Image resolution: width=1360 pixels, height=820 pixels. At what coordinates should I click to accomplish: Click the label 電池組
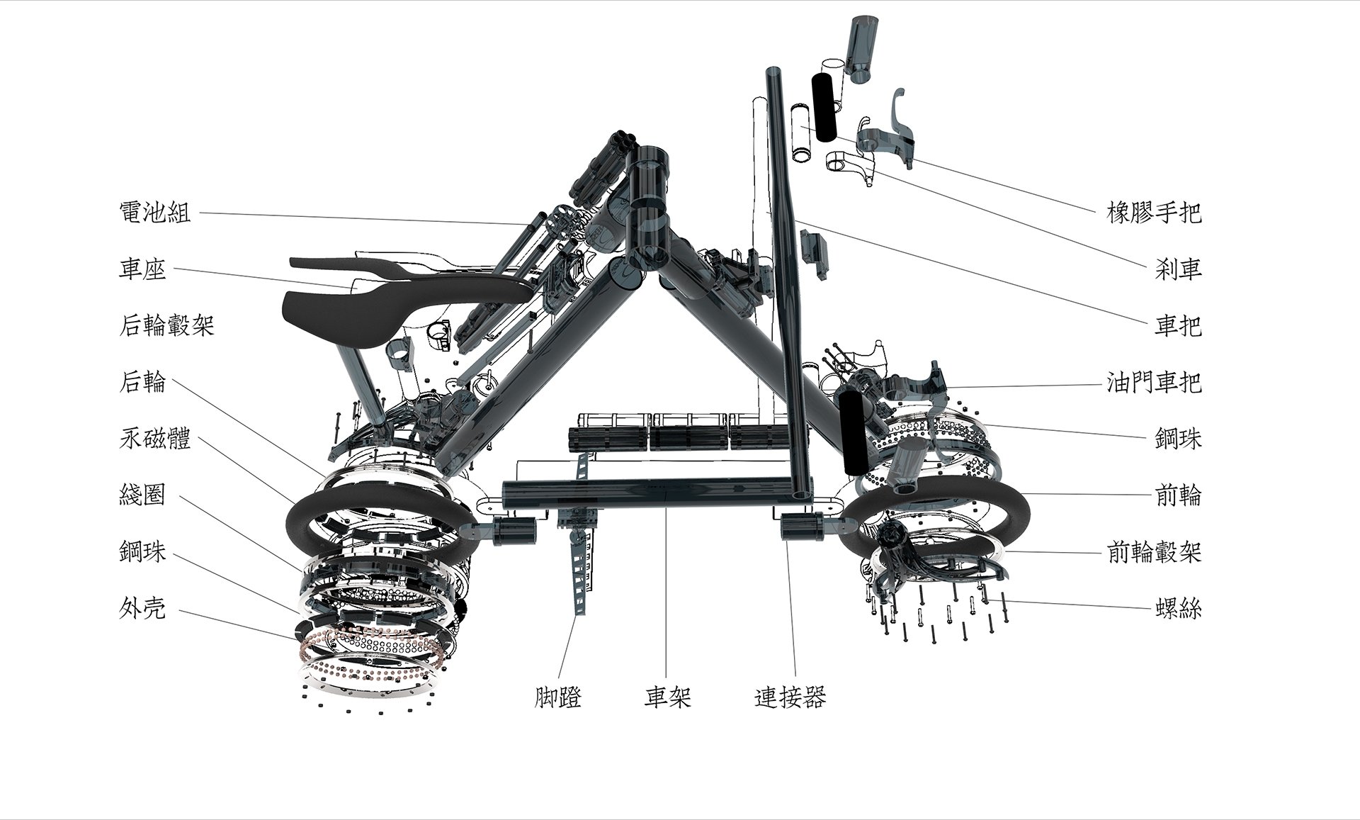click(x=155, y=212)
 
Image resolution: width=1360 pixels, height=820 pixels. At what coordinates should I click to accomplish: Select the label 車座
click(x=142, y=269)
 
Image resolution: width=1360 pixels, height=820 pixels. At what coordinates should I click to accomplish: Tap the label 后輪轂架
click(x=166, y=325)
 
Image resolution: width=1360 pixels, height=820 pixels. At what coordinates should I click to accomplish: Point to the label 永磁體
click(x=155, y=439)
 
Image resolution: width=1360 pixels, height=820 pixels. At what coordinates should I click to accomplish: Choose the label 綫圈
click(x=142, y=495)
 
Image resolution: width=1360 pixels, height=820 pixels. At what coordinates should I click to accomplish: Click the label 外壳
click(x=142, y=608)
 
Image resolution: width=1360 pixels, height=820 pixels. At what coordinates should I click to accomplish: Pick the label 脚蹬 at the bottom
click(x=557, y=697)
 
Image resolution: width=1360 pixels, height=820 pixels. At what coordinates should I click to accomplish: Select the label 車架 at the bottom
click(x=667, y=697)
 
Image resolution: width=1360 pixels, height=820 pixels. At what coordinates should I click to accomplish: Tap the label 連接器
click(x=790, y=697)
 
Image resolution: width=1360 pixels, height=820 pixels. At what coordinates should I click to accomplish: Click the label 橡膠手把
click(x=1154, y=212)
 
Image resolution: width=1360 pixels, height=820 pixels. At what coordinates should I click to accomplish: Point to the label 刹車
click(x=1178, y=269)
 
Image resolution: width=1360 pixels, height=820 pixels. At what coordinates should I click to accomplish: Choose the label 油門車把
click(x=1154, y=383)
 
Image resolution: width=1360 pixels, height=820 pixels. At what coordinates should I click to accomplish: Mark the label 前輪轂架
click(x=1154, y=552)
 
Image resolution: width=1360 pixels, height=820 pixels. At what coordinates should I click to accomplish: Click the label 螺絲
click(x=1178, y=608)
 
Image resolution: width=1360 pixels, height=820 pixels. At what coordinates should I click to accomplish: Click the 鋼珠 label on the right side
click(x=1178, y=439)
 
